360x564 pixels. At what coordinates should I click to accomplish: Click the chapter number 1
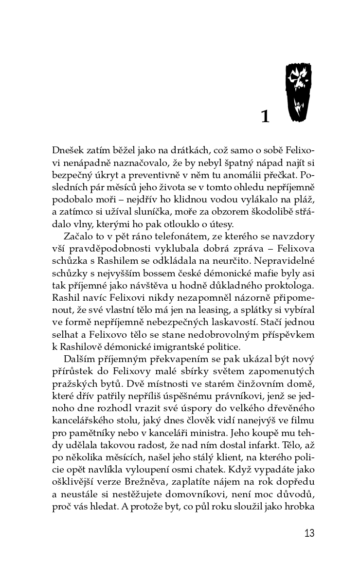pyautogui.click(x=265, y=116)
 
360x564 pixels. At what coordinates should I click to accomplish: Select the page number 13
pyautogui.click(x=309, y=533)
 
